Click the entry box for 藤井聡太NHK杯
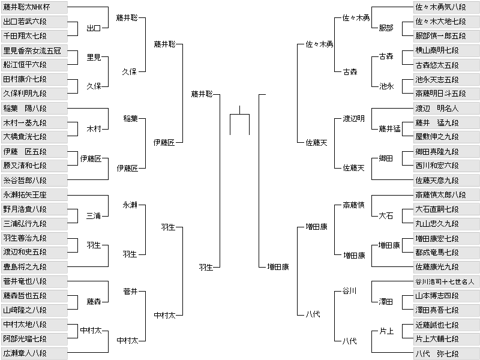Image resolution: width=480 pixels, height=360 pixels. click(34, 7)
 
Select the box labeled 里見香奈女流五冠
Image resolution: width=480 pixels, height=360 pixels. click(34, 50)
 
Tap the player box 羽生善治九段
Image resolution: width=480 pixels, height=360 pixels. click(34, 238)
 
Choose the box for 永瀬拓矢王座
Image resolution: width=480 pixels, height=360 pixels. click(34, 194)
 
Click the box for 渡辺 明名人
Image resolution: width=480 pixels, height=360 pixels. click(446, 109)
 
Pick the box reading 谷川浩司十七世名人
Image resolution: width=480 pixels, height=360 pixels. click(446, 281)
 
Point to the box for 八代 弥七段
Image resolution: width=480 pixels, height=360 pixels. click(446, 353)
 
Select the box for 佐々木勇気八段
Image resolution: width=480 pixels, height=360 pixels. click(446, 7)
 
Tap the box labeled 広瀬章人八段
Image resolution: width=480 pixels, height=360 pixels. click(34, 353)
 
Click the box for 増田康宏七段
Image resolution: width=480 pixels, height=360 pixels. click(446, 238)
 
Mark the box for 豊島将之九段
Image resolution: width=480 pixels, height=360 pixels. click(34, 266)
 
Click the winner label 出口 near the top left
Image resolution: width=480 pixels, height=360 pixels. click(94, 28)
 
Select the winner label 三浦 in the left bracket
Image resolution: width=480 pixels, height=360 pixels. click(94, 216)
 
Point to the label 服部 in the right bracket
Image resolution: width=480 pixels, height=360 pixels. click(386, 28)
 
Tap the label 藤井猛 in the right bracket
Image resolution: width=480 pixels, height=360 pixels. click(389, 129)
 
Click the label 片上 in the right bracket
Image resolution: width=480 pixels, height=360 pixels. click(386, 331)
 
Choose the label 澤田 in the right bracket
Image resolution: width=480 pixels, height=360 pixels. click(386, 302)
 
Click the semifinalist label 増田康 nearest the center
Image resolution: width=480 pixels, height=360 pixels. click(278, 267)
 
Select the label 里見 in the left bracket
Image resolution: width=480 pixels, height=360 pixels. click(94, 57)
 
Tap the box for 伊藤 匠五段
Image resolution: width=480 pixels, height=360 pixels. click(34, 152)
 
